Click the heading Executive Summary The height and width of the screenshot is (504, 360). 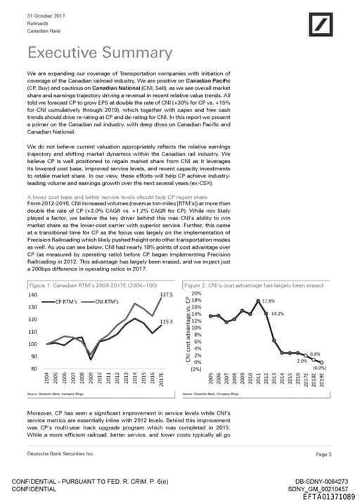99,53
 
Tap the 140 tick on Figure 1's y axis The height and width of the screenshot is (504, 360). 32,294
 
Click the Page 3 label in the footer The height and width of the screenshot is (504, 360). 324,455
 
